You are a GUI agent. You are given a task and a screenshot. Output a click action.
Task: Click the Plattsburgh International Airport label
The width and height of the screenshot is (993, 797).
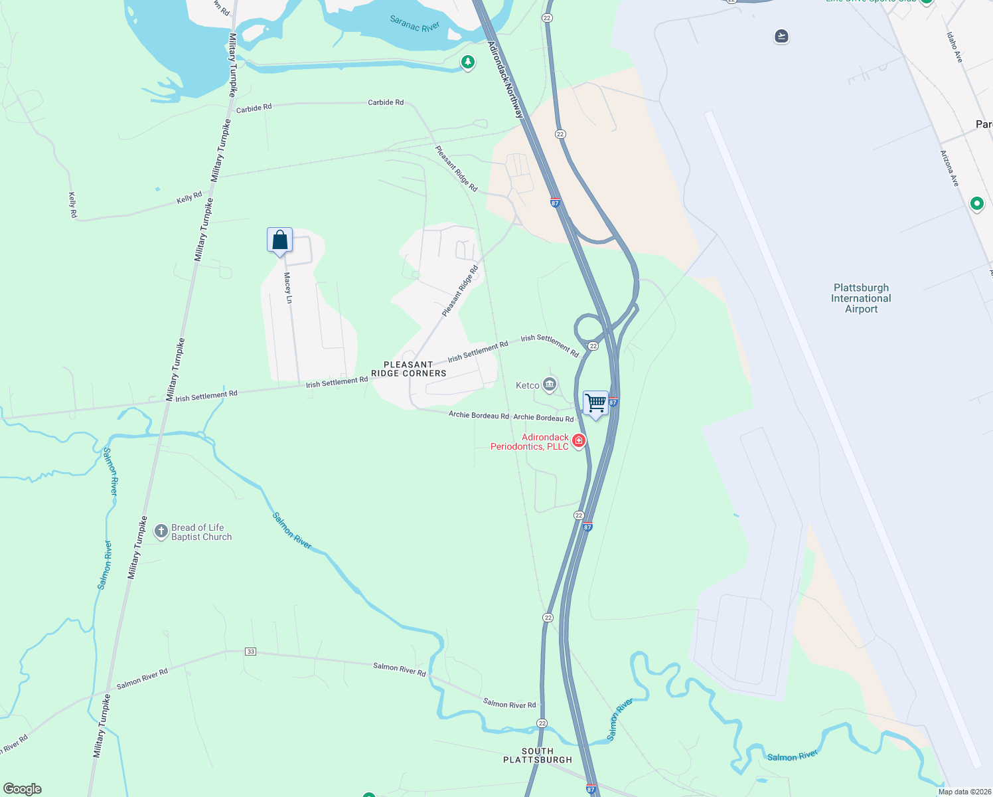point(861,298)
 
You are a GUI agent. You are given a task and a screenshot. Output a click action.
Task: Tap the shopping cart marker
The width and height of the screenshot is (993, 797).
point(595,403)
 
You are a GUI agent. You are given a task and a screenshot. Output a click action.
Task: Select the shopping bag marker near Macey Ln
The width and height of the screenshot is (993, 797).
point(279,240)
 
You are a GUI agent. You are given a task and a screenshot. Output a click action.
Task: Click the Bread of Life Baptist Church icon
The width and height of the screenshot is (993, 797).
point(161,531)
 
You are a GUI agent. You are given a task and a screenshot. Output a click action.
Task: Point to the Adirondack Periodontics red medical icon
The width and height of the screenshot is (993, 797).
point(579,440)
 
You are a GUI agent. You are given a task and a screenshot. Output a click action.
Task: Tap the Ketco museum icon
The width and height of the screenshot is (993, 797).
point(549,385)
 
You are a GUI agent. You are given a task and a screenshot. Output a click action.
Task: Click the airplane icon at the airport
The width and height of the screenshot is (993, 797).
point(781,36)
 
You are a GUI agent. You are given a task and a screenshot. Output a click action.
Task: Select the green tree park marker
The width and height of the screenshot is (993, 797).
point(468,62)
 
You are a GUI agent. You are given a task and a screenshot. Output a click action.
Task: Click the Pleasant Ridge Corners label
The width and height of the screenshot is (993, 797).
point(408,369)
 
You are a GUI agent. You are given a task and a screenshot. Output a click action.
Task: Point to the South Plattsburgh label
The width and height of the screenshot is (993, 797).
point(537,756)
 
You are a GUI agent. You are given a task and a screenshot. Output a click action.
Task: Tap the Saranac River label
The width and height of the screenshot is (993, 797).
point(414,25)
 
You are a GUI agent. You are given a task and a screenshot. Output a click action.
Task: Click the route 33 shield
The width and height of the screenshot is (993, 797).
point(250,652)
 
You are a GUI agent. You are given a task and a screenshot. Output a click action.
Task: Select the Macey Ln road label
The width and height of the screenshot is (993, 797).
point(288,288)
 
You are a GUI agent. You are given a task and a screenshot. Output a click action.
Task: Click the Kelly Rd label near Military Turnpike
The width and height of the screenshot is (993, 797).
point(189,197)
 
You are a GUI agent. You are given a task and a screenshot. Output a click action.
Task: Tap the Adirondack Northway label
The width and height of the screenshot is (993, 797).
point(505,80)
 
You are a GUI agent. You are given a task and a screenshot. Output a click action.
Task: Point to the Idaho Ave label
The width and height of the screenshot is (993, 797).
point(955,48)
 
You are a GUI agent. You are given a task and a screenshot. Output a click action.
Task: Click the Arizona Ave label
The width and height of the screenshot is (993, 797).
point(949,168)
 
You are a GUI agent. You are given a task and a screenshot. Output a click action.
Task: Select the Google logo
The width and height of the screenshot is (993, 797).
point(23,789)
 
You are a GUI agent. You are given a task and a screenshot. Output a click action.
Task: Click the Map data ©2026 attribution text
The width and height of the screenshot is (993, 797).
point(964,792)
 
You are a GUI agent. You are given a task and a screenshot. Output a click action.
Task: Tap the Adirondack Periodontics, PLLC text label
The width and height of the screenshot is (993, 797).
point(530,442)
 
